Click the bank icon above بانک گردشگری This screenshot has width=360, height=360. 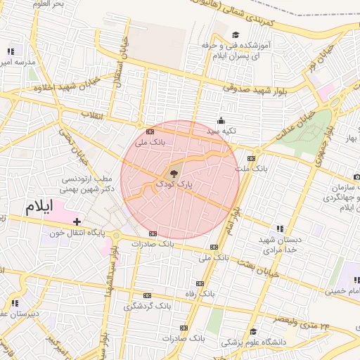147,296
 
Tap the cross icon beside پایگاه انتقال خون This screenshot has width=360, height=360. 77,221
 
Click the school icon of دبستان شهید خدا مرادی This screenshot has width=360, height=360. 280,229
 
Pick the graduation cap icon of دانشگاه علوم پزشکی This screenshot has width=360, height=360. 252,332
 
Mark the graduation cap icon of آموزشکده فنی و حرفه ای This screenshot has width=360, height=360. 235,34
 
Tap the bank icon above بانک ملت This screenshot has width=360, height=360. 252,158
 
